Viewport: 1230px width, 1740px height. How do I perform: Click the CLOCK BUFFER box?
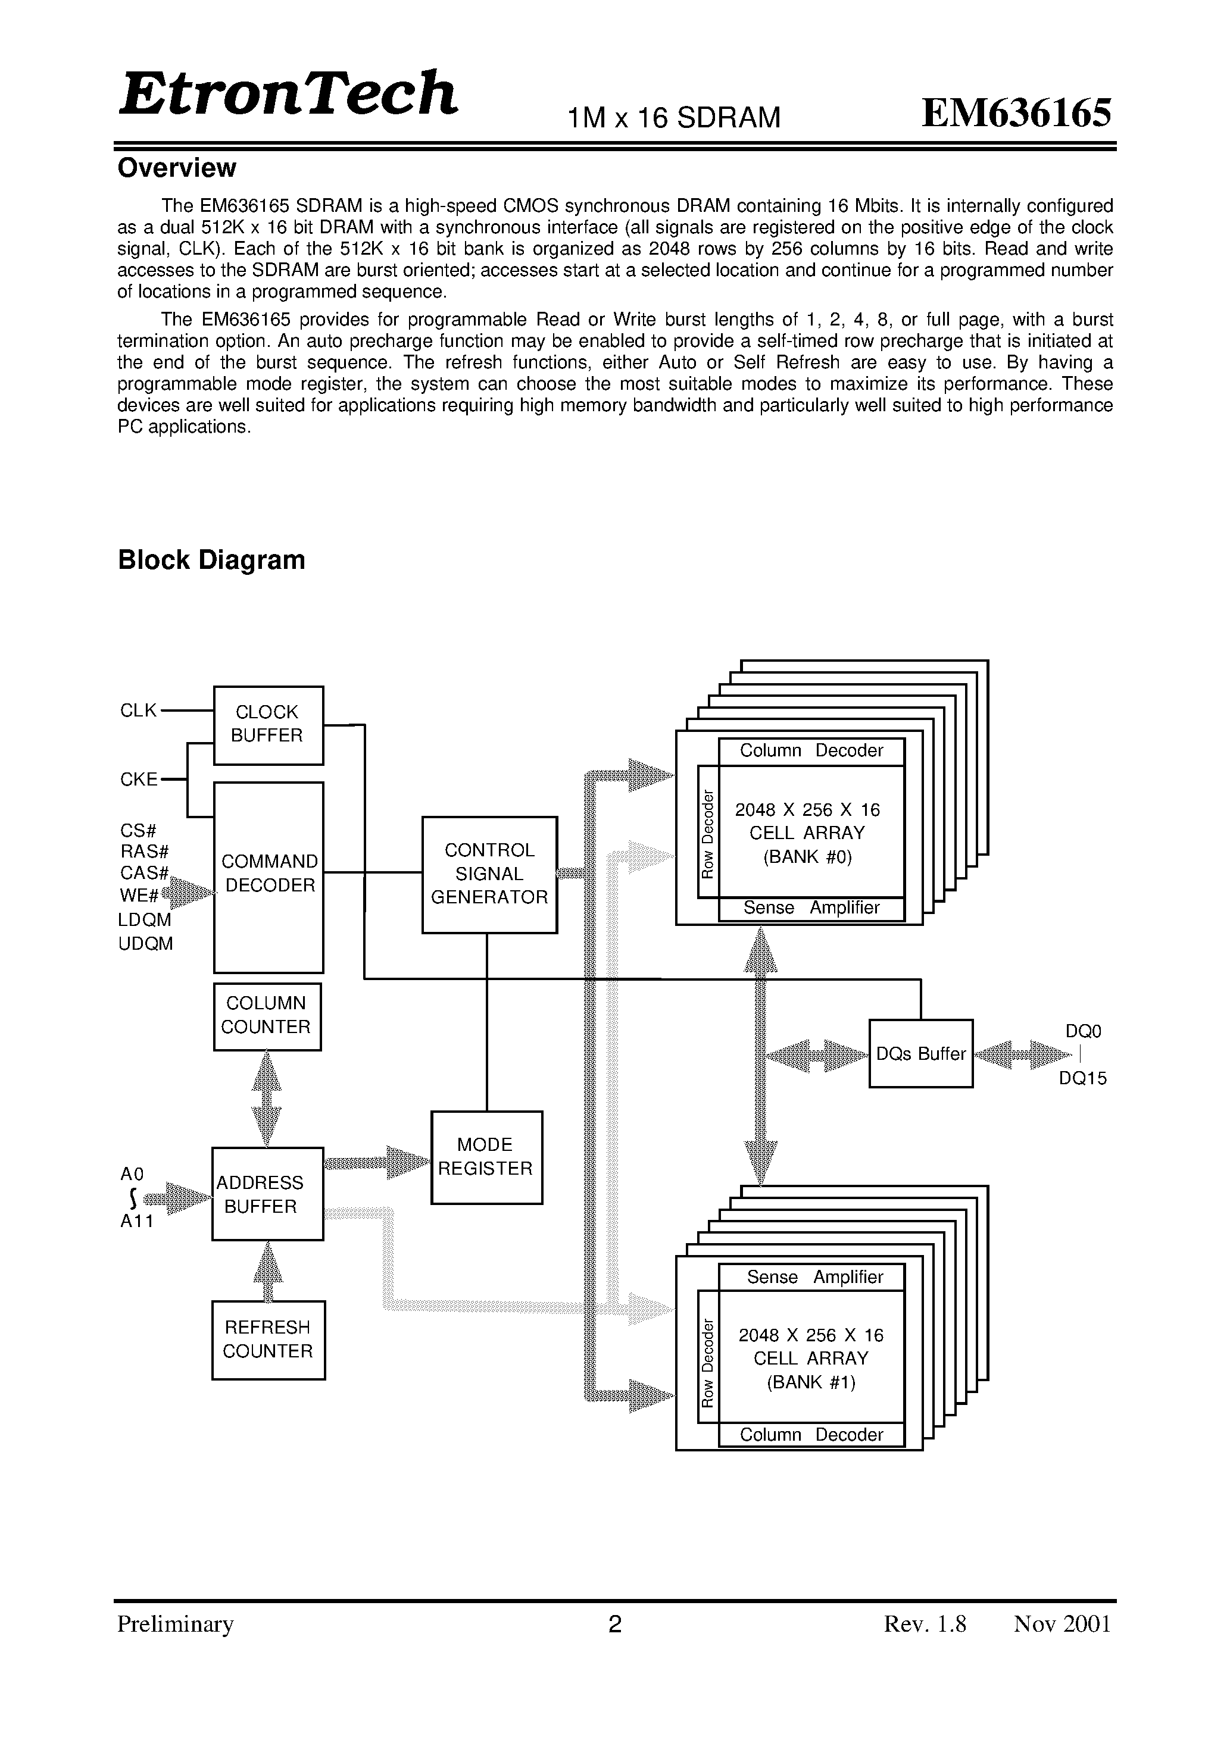(269, 725)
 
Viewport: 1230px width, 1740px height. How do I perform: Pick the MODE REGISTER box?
(486, 1156)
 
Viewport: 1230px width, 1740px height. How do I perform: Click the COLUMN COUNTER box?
(267, 1016)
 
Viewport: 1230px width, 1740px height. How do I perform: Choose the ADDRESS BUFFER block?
(267, 1194)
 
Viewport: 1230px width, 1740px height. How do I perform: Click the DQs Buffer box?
(920, 1053)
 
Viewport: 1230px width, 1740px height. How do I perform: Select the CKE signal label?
(139, 779)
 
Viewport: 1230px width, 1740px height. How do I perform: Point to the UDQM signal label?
(146, 944)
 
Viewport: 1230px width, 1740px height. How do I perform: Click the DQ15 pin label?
(1082, 1078)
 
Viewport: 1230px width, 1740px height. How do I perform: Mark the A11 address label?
(136, 1221)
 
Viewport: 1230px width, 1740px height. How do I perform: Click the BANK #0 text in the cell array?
(808, 857)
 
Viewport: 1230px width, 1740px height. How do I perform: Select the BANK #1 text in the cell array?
(811, 1382)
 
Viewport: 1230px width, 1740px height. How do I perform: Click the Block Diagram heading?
(211, 560)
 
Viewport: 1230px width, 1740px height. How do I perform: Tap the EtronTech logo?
(288, 94)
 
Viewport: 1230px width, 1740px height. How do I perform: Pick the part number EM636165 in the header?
(1016, 114)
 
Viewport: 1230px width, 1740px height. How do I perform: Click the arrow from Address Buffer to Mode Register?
(377, 1162)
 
